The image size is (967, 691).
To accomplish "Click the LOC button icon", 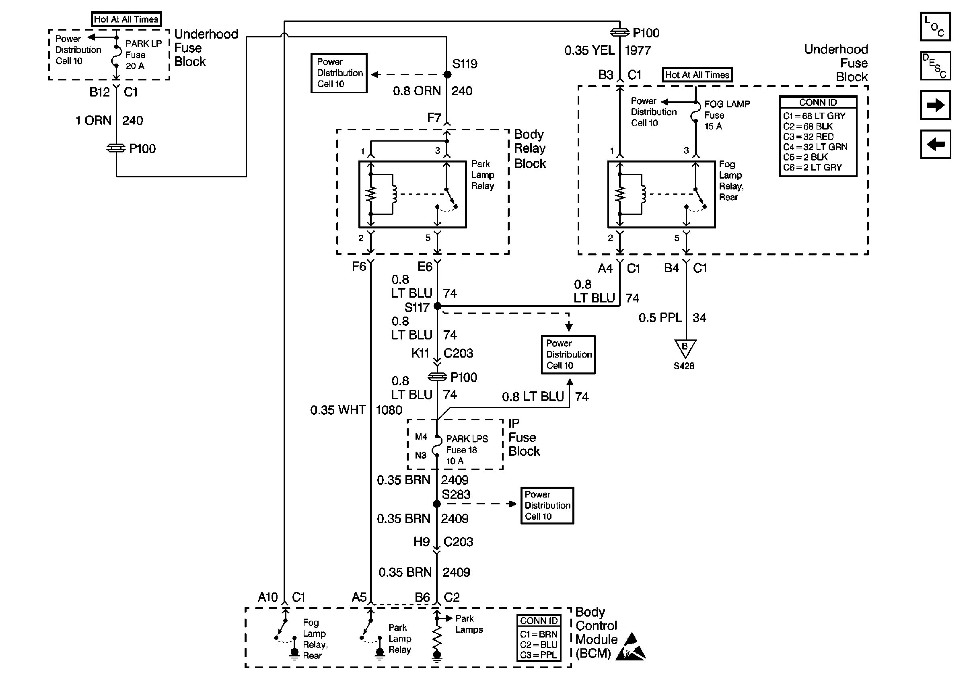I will click(935, 27).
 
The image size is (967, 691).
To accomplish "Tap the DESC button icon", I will click(935, 66).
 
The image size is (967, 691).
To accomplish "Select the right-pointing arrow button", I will click(935, 105).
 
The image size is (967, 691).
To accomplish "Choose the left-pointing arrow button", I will click(935, 145).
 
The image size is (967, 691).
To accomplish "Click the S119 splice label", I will click(465, 64).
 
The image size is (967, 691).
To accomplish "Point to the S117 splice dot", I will click(437, 306).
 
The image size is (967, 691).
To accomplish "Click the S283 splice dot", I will click(436, 504).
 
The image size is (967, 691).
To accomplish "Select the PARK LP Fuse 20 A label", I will click(143, 55).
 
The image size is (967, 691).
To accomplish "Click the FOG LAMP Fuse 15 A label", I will click(726, 115).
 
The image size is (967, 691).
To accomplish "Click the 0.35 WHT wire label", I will click(338, 410).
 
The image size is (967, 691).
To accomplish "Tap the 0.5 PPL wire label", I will click(660, 317).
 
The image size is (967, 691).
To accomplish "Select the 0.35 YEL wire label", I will click(589, 50).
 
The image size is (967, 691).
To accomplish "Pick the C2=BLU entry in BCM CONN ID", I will click(538, 645).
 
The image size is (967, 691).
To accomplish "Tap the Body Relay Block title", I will click(530, 149).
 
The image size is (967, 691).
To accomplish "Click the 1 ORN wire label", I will click(93, 120).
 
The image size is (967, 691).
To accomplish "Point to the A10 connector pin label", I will click(267, 597).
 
